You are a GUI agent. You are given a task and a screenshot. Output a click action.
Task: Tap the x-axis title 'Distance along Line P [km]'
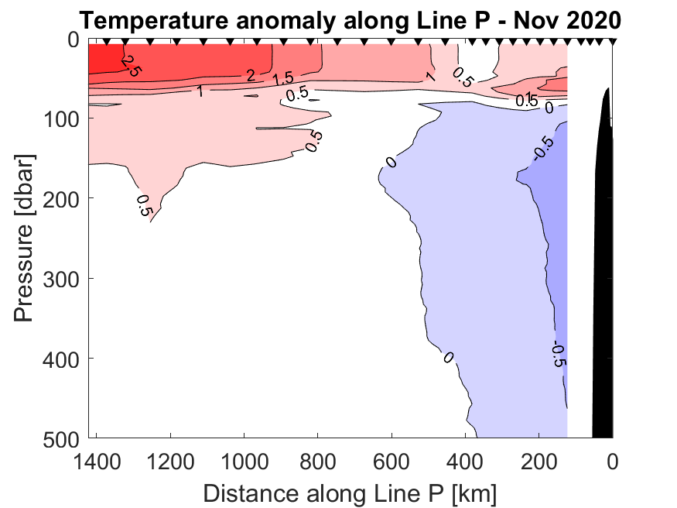click(350, 493)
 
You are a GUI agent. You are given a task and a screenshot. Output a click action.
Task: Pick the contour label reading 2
click(250, 76)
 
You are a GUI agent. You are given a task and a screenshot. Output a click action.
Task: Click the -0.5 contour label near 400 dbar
click(559, 353)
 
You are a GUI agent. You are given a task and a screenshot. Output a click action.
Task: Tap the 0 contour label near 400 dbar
click(447, 357)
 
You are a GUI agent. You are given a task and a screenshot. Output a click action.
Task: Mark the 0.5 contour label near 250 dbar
click(145, 205)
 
